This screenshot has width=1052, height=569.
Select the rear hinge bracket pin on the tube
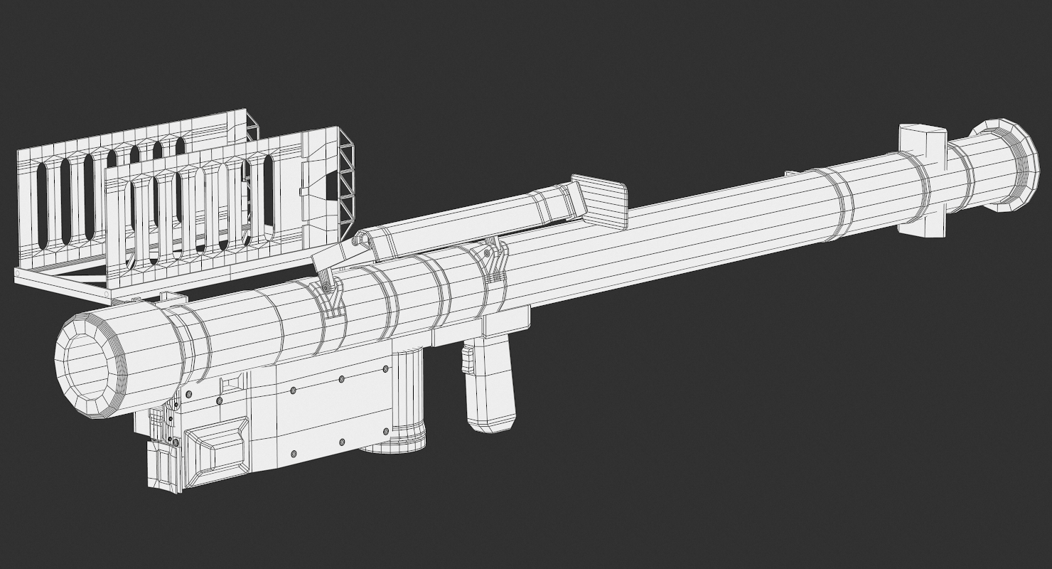(488, 254)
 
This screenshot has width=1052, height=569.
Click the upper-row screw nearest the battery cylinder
(385, 369)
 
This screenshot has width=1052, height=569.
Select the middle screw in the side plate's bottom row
(342, 442)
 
